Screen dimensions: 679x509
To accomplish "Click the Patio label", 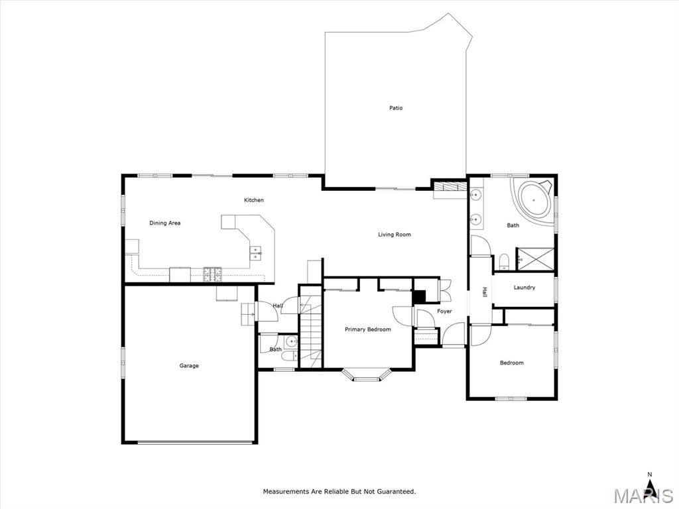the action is coord(396,108).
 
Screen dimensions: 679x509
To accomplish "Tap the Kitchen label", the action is coord(254,200).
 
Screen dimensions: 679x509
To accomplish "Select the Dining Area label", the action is coord(165,223).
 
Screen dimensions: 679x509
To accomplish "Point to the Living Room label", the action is coord(395,235).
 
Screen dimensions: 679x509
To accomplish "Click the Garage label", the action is coord(189,366).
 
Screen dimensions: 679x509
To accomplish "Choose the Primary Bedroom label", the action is coord(367,329).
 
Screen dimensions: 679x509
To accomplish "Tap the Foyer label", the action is coord(444,311).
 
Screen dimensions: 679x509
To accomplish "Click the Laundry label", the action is coord(525,288).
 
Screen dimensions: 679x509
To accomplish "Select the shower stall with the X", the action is coord(535,259).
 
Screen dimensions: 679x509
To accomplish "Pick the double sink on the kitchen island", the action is coord(256,253).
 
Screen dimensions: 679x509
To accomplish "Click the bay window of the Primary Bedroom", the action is coord(366,376).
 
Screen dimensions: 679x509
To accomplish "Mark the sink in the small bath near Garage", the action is coord(292,342).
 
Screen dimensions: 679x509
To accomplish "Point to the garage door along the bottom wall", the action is coord(195,442).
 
